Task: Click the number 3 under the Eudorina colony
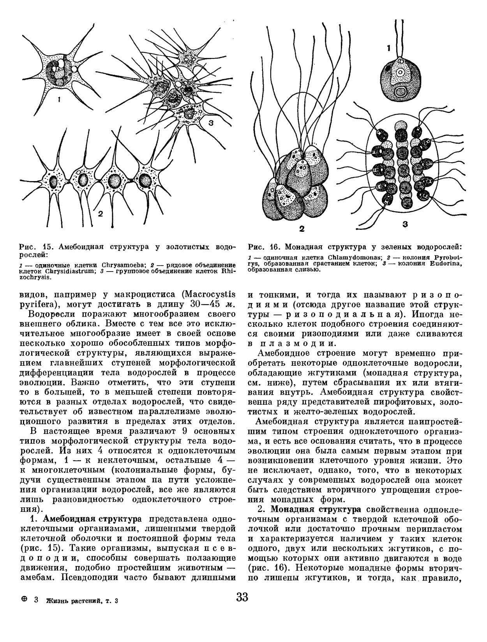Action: (405, 224)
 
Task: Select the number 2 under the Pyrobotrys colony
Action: (302, 229)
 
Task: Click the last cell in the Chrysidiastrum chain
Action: (145, 180)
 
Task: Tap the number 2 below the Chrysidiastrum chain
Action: (100, 213)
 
